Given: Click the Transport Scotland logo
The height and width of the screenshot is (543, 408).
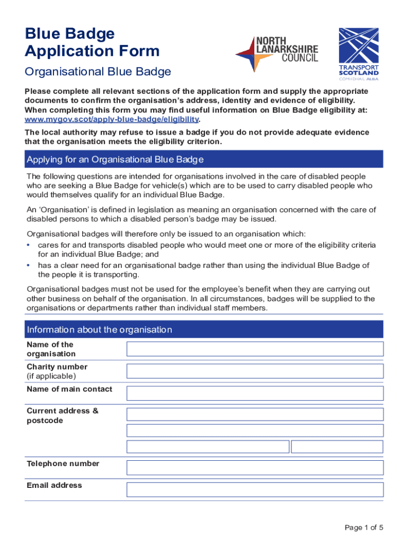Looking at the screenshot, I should (x=359, y=54).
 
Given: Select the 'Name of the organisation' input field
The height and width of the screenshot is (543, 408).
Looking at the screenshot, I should (x=254, y=349).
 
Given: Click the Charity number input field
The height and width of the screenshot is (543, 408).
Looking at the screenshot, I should (x=254, y=371).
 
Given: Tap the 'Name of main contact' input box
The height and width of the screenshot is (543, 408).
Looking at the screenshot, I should (x=254, y=393).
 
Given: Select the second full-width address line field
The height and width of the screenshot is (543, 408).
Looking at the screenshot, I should (x=254, y=431).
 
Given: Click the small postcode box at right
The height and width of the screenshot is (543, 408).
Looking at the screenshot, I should (x=337, y=446).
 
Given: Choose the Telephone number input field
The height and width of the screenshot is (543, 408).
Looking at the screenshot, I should (x=254, y=468).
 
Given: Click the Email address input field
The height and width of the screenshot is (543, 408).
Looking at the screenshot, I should (x=254, y=489).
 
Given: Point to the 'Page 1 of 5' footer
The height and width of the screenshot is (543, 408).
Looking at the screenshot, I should (x=363, y=528).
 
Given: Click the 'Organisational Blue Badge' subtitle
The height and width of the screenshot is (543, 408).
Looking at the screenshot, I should (x=98, y=72).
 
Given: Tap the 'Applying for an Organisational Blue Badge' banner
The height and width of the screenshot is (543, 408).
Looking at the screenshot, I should (x=204, y=160).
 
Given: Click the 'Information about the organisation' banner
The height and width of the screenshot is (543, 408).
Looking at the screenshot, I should (x=204, y=330).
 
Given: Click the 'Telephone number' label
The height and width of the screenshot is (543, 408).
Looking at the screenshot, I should (x=63, y=464).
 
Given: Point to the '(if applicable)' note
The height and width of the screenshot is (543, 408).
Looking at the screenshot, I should (x=51, y=376).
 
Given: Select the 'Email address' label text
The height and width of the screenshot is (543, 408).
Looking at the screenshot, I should (x=54, y=486).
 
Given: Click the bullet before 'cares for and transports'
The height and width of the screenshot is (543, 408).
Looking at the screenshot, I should (x=29, y=246).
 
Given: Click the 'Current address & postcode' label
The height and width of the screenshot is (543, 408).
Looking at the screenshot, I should (x=63, y=416).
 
